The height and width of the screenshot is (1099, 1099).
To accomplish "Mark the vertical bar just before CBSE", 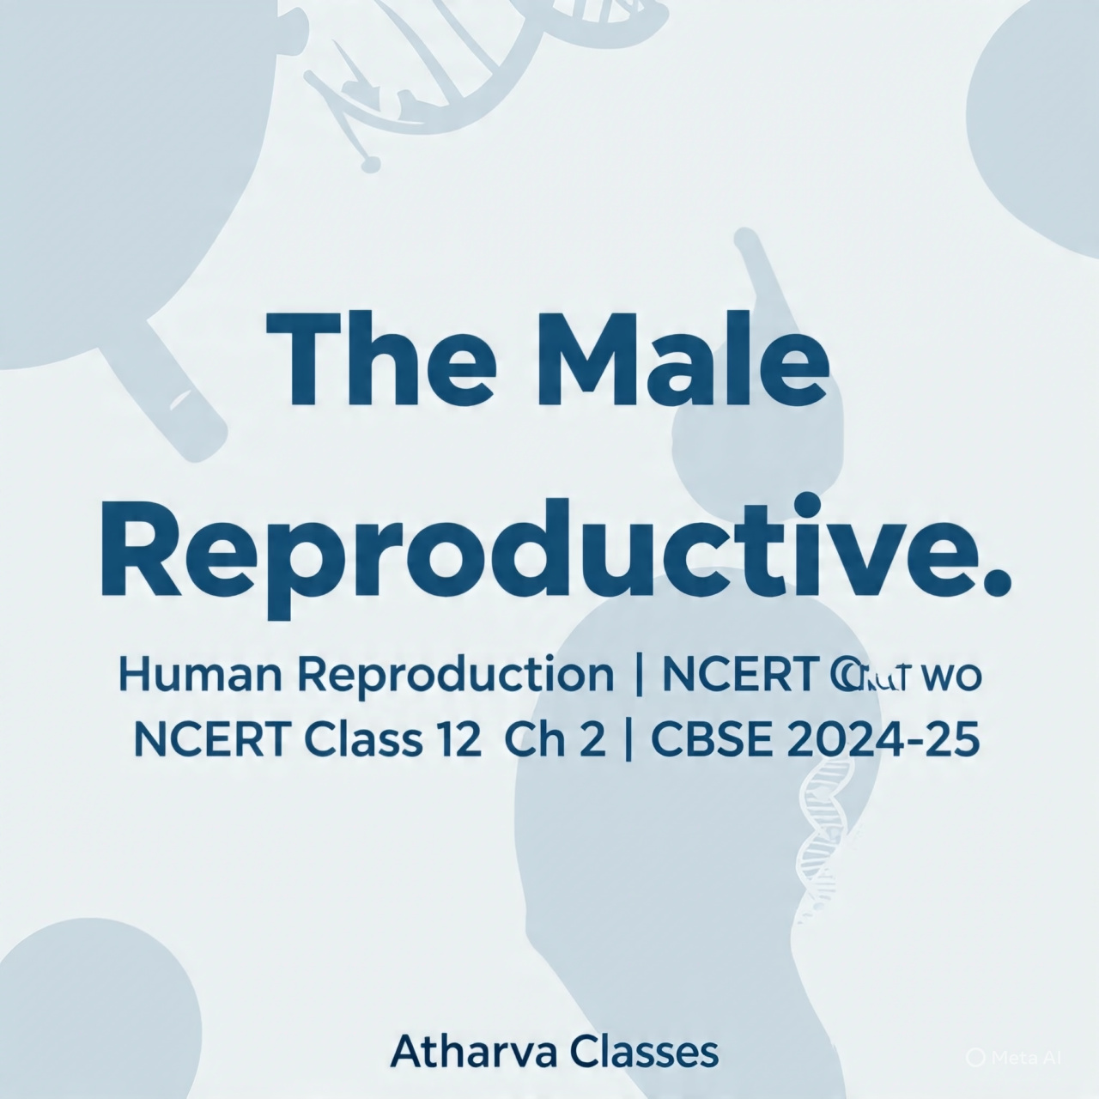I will pos(635,740).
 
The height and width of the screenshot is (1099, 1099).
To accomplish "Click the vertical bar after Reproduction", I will pos(635,675).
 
